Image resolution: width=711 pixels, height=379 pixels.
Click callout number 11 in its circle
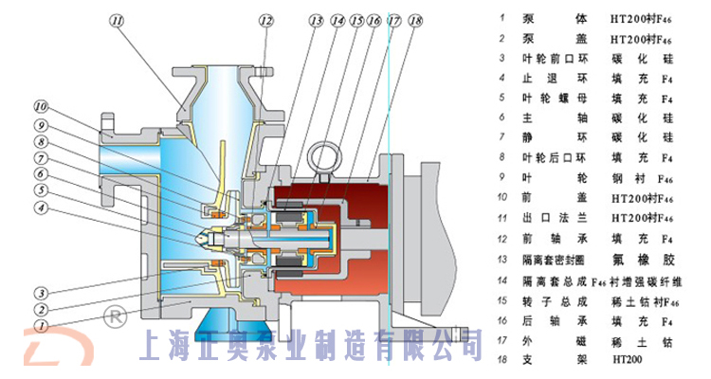click(x=117, y=19)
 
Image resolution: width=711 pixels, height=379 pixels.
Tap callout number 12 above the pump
click(x=266, y=19)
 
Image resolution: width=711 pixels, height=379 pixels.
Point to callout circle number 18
click(x=415, y=20)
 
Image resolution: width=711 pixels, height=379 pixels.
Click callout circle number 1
click(x=41, y=324)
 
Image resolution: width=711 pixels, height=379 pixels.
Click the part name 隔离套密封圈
click(x=555, y=258)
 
